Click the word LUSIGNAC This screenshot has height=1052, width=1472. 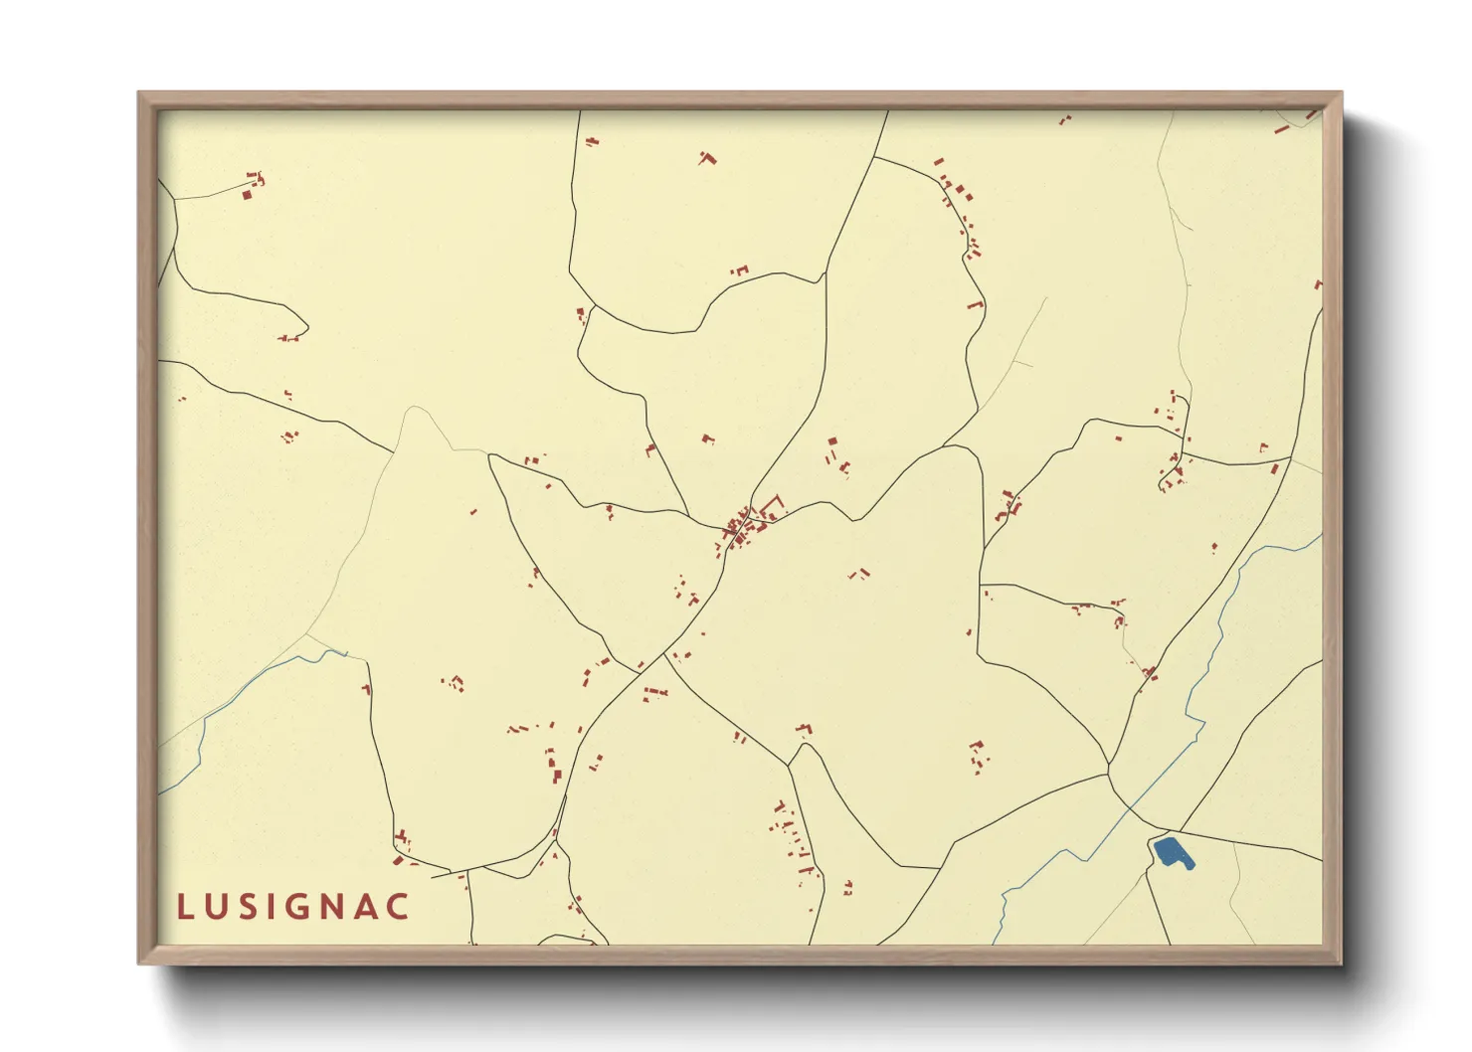tap(293, 907)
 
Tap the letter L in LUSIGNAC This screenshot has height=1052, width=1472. tap(185, 907)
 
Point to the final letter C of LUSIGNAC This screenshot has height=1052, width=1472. tap(398, 907)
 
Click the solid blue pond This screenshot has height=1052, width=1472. tap(1172, 853)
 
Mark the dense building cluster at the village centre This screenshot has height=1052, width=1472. tap(742, 526)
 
